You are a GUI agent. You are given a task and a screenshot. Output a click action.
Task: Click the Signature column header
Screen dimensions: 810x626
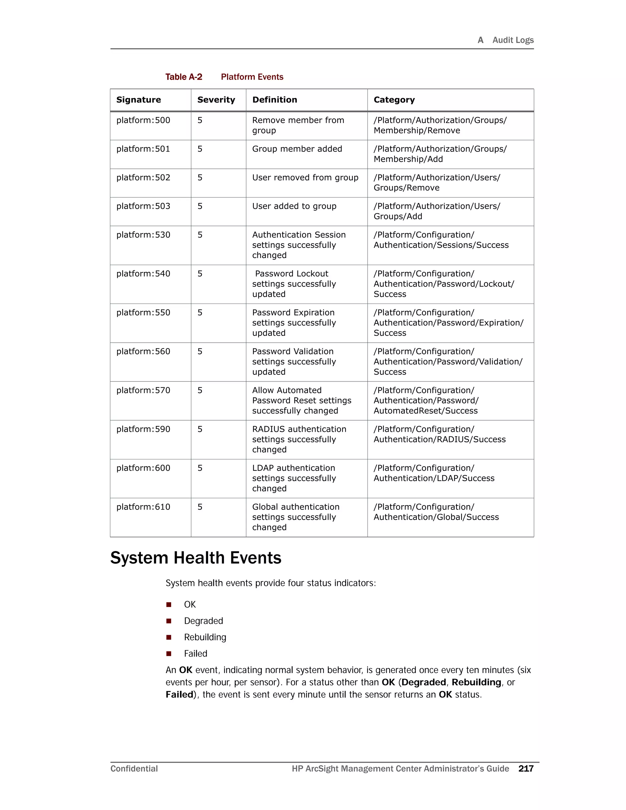tap(138, 100)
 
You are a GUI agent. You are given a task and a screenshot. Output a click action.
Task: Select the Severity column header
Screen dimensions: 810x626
tap(216, 100)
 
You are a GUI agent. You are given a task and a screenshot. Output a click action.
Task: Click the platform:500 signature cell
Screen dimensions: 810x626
tap(143, 120)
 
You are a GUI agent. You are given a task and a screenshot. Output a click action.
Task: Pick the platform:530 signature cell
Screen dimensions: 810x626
tap(143, 235)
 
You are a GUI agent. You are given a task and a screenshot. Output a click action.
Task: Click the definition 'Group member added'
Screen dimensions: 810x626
tap(297, 149)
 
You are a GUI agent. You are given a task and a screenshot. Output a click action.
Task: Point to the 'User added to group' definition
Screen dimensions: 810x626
tap(294, 206)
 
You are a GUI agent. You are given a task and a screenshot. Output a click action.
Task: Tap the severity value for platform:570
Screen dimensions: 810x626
tap(200, 390)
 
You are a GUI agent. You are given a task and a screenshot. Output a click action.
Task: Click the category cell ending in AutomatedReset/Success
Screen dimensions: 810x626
tap(426, 400)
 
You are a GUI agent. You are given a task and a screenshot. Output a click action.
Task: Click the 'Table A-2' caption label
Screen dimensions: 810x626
tap(184, 77)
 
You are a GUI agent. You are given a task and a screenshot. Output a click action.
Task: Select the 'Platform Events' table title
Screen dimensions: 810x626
tap(252, 77)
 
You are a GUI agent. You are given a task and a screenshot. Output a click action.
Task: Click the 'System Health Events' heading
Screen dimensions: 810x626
tap(196, 558)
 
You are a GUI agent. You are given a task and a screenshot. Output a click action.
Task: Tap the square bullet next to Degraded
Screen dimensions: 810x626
tap(169, 621)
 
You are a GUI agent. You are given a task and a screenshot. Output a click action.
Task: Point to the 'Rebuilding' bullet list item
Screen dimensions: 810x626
tap(205, 637)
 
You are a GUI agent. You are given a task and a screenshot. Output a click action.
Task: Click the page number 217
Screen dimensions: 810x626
tap(525, 768)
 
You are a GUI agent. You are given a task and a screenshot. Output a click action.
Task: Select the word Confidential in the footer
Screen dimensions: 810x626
tap(134, 768)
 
